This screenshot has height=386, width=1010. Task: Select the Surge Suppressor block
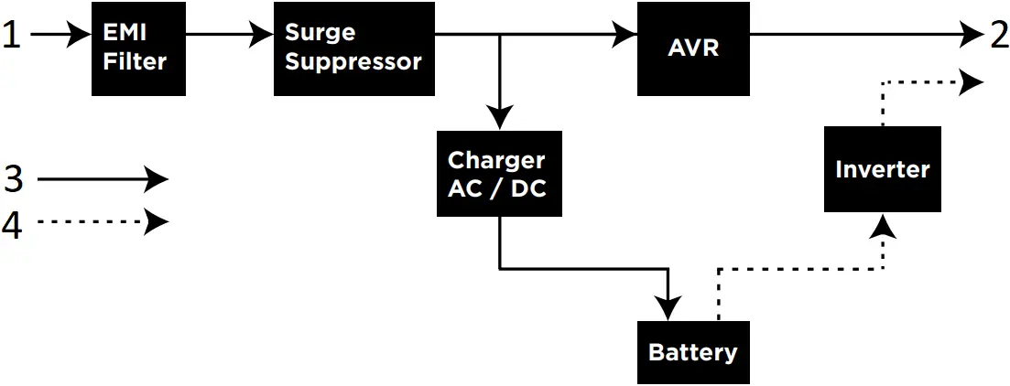click(353, 48)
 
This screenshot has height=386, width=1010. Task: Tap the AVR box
click(693, 48)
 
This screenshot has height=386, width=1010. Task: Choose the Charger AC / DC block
click(499, 174)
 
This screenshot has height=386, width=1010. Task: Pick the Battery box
click(693, 352)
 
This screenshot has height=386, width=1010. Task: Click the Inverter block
click(882, 169)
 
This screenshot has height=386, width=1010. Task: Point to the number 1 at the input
click(11, 36)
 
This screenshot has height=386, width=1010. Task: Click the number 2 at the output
click(998, 36)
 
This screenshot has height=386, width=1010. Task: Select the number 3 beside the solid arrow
click(13, 179)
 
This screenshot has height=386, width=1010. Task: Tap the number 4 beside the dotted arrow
click(13, 224)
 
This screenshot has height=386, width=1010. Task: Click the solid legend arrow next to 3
click(101, 179)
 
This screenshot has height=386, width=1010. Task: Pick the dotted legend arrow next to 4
click(101, 222)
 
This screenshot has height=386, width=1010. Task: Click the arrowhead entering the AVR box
click(626, 35)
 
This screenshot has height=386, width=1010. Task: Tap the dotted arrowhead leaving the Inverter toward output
click(972, 82)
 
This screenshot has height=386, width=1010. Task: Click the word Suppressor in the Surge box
click(353, 62)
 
